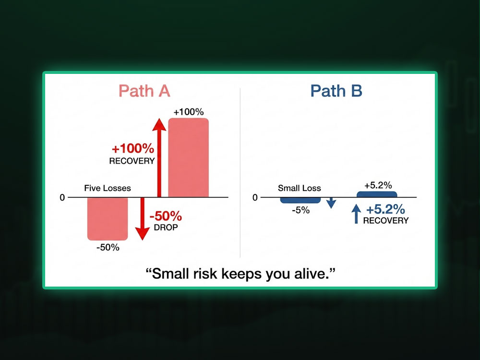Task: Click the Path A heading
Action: [x=144, y=91]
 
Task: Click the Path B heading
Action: [x=336, y=91]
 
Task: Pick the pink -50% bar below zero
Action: [x=108, y=219]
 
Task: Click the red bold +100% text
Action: [x=133, y=148]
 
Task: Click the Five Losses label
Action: [x=108, y=188]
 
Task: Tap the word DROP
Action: [x=166, y=227]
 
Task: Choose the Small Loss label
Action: [x=299, y=188]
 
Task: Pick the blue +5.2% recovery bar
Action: [x=377, y=194]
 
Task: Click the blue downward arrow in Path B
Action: [x=331, y=204]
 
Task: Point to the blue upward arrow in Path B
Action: [x=356, y=214]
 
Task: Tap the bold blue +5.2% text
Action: [x=385, y=210]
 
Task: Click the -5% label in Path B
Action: [x=300, y=210]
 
